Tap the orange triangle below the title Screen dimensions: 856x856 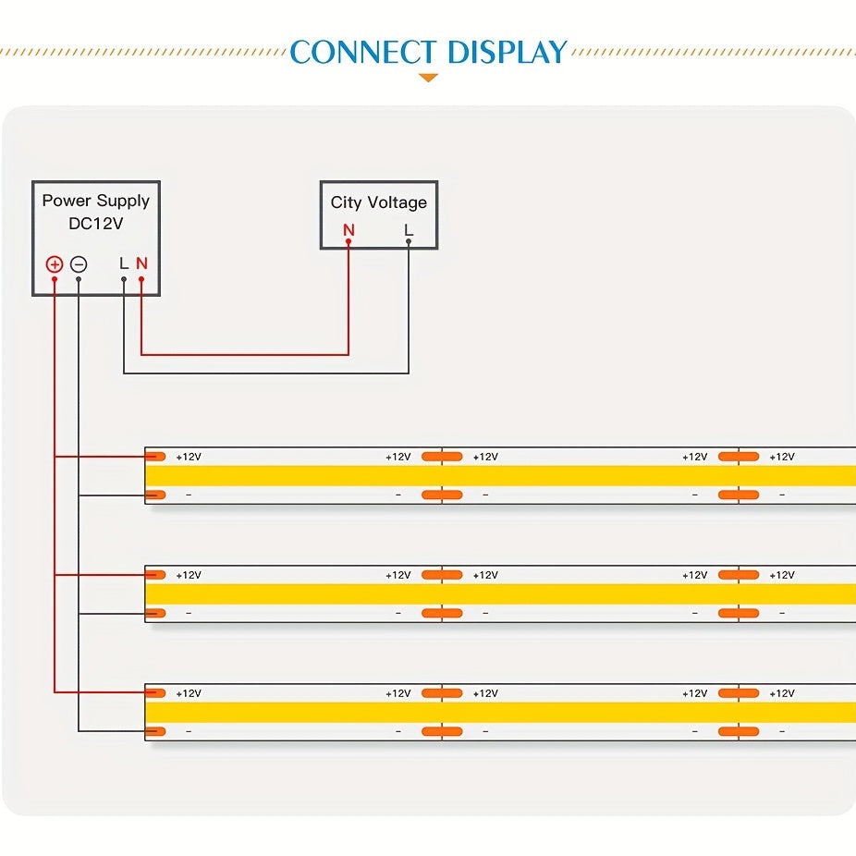(x=428, y=78)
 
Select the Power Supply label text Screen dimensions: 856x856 (x=95, y=201)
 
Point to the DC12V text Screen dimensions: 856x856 (x=95, y=223)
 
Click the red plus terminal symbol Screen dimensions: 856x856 (x=55, y=264)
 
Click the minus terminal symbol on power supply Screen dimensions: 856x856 (x=79, y=264)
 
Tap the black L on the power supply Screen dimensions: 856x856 (x=124, y=263)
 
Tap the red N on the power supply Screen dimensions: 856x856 (x=141, y=263)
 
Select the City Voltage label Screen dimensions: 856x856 (x=379, y=202)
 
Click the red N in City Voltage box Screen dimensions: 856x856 (x=349, y=229)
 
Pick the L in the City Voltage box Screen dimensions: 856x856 (x=409, y=229)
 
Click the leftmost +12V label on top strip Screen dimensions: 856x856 (x=189, y=457)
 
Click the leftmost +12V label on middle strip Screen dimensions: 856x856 (x=189, y=575)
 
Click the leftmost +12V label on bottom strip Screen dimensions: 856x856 (x=189, y=693)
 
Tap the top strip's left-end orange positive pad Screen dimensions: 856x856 (x=155, y=457)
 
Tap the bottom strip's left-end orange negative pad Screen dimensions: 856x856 (x=155, y=731)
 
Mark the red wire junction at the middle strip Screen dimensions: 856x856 (x=55, y=575)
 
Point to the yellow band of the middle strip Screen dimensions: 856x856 (x=499, y=593)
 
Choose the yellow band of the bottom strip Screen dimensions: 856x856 (x=499, y=712)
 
